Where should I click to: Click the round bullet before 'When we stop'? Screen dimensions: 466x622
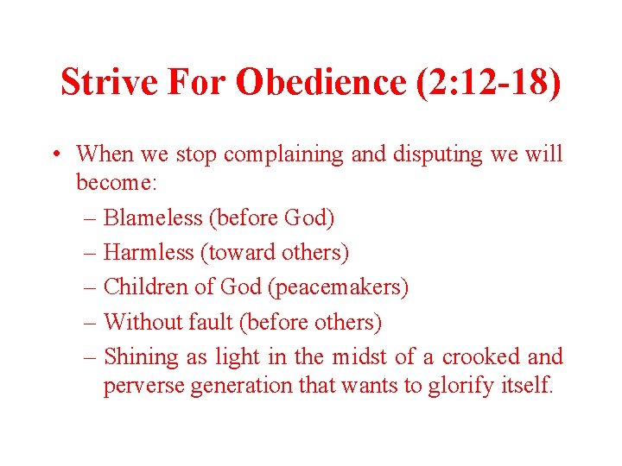pyautogui.click(x=55, y=155)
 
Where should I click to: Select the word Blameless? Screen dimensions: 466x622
pyautogui.click(x=153, y=217)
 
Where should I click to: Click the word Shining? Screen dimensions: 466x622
pyautogui.click(x=140, y=356)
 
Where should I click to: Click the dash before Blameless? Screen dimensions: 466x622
pyautogui.click(x=92, y=217)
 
